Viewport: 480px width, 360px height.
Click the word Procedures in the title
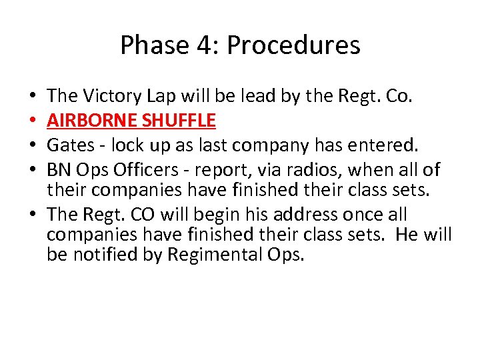pyautogui.click(x=293, y=45)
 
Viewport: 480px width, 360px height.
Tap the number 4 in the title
pyautogui.click(x=200, y=45)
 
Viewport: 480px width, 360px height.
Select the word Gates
pyautogui.click(x=70, y=145)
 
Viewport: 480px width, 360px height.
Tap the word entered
pyautogui.click(x=373, y=145)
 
